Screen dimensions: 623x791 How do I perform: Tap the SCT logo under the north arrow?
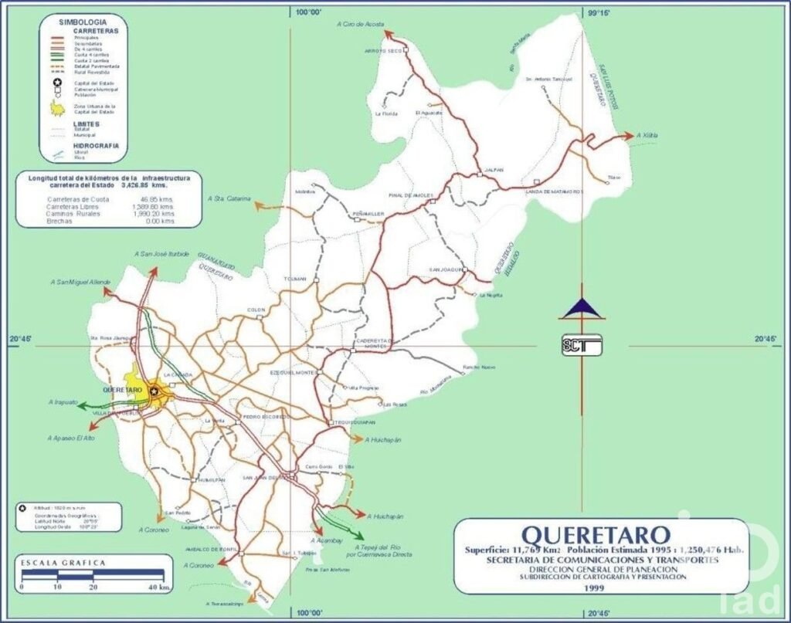[x=582, y=345]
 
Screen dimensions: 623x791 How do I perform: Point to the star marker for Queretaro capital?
[x=154, y=391]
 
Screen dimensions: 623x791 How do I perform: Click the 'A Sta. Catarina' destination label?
[x=229, y=198]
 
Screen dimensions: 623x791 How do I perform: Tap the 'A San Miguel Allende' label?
[x=80, y=283]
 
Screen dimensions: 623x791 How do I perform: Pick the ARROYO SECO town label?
[x=384, y=51]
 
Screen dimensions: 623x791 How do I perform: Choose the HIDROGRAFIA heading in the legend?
[x=96, y=145]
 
